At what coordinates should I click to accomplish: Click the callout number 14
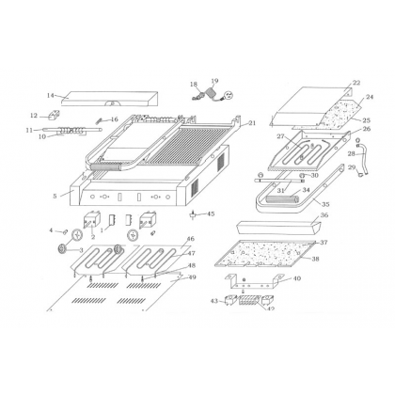pyautogui.click(x=51, y=95)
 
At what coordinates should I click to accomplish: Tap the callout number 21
pyautogui.click(x=251, y=123)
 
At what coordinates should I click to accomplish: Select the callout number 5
pyautogui.click(x=55, y=196)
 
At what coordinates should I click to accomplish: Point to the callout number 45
pyautogui.click(x=211, y=213)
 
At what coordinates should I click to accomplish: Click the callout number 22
pyautogui.click(x=356, y=84)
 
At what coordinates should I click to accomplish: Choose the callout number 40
pyautogui.click(x=297, y=278)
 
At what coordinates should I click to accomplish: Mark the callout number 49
pyautogui.click(x=193, y=277)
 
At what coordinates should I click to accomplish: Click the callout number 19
pyautogui.click(x=214, y=82)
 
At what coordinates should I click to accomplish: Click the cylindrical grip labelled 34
pyautogui.click(x=283, y=199)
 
